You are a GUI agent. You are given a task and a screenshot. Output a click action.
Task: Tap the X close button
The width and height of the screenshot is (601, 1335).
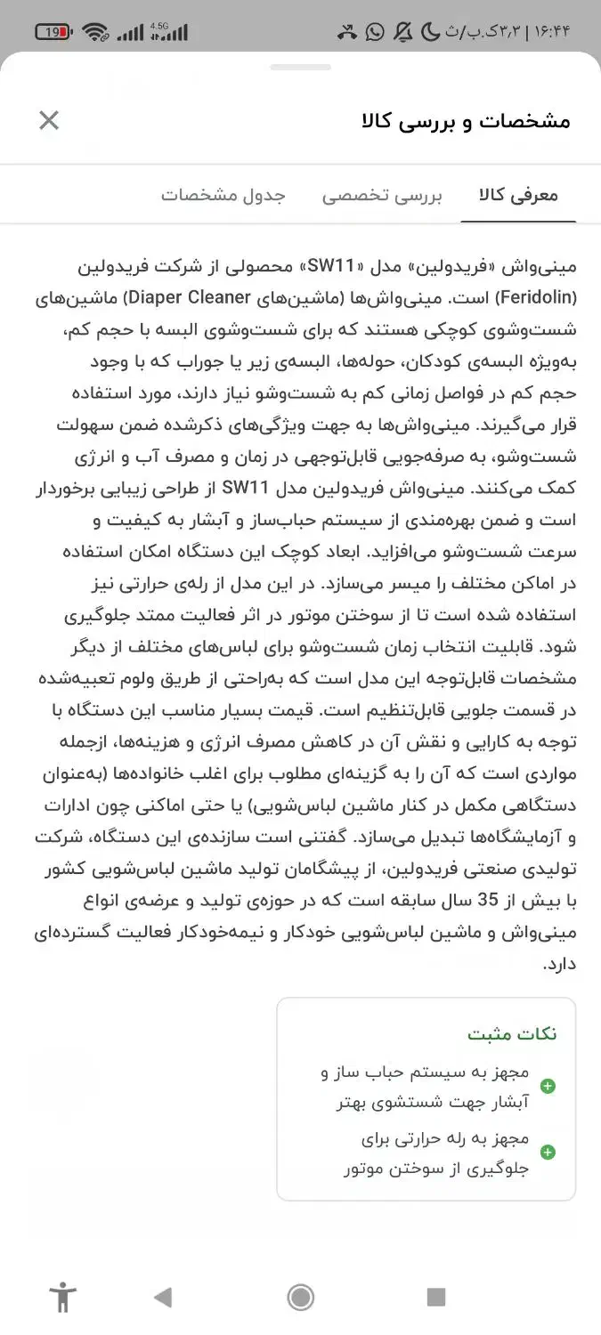(x=49, y=120)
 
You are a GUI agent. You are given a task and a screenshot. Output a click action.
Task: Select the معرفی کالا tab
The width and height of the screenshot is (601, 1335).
(x=518, y=196)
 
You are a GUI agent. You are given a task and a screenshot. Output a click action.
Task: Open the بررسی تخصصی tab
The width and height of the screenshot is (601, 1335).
(x=382, y=196)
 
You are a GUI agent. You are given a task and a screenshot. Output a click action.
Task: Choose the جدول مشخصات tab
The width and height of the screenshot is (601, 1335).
(x=223, y=196)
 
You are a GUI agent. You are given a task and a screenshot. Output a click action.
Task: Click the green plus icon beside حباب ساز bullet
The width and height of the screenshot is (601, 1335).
(x=548, y=1086)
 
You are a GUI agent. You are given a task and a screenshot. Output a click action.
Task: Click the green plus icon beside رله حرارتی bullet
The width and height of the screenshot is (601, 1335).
(x=548, y=1153)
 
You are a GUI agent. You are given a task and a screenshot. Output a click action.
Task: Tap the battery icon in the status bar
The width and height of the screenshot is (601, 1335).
(x=53, y=33)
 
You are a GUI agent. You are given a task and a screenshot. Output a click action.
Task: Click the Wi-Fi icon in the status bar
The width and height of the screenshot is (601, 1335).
(x=95, y=33)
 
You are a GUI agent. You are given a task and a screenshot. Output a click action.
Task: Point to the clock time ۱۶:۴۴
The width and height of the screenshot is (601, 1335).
(x=552, y=33)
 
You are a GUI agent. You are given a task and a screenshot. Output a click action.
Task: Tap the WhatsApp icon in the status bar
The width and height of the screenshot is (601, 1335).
(x=375, y=33)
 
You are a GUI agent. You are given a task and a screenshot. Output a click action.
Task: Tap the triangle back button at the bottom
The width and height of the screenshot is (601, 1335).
(x=162, y=1297)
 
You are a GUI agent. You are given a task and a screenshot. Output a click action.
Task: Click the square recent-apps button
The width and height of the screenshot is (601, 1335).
(x=436, y=1297)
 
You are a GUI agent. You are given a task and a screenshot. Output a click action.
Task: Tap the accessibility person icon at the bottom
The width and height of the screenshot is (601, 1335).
(x=63, y=1297)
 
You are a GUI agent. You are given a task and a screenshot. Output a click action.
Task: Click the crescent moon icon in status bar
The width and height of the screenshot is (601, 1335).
(x=430, y=33)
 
